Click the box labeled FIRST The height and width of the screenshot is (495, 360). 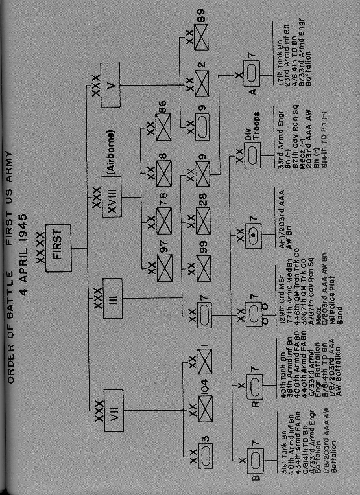click(58, 248)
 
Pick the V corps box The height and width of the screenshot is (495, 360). click(110, 85)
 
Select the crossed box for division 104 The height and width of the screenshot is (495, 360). click(205, 409)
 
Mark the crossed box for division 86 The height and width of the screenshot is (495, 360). click(164, 127)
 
